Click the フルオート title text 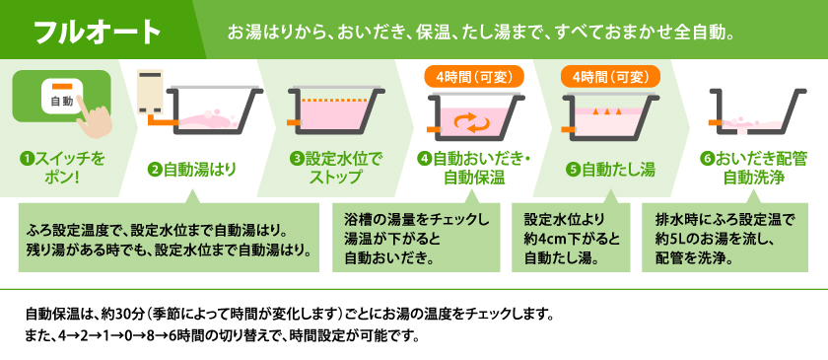[98, 32]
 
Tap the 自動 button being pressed [56, 100]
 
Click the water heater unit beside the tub [152, 93]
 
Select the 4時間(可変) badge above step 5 [605, 75]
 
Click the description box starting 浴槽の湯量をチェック [417, 238]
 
